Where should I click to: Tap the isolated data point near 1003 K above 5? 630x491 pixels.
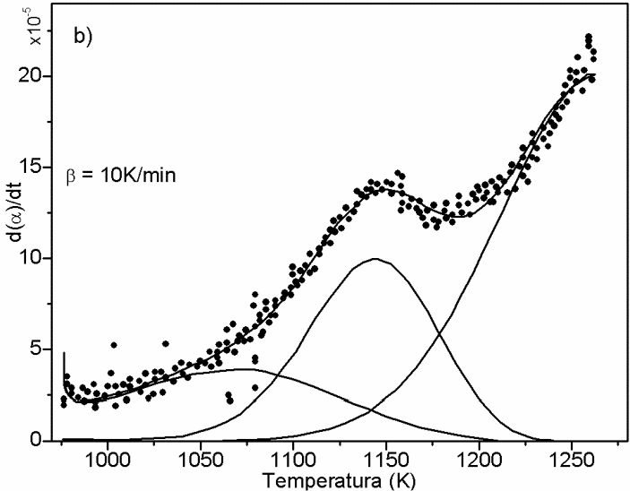click(x=114, y=345)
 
